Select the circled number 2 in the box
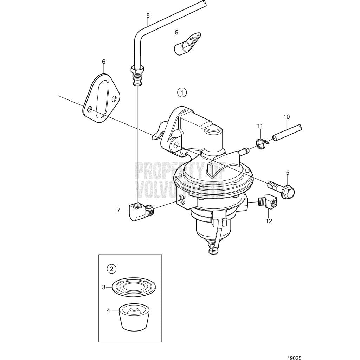(x=112, y=269)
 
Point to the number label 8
(x=148, y=15)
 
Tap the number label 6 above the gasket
(x=104, y=62)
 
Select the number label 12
(x=269, y=221)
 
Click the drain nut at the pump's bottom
(x=212, y=251)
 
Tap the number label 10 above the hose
(x=287, y=116)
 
